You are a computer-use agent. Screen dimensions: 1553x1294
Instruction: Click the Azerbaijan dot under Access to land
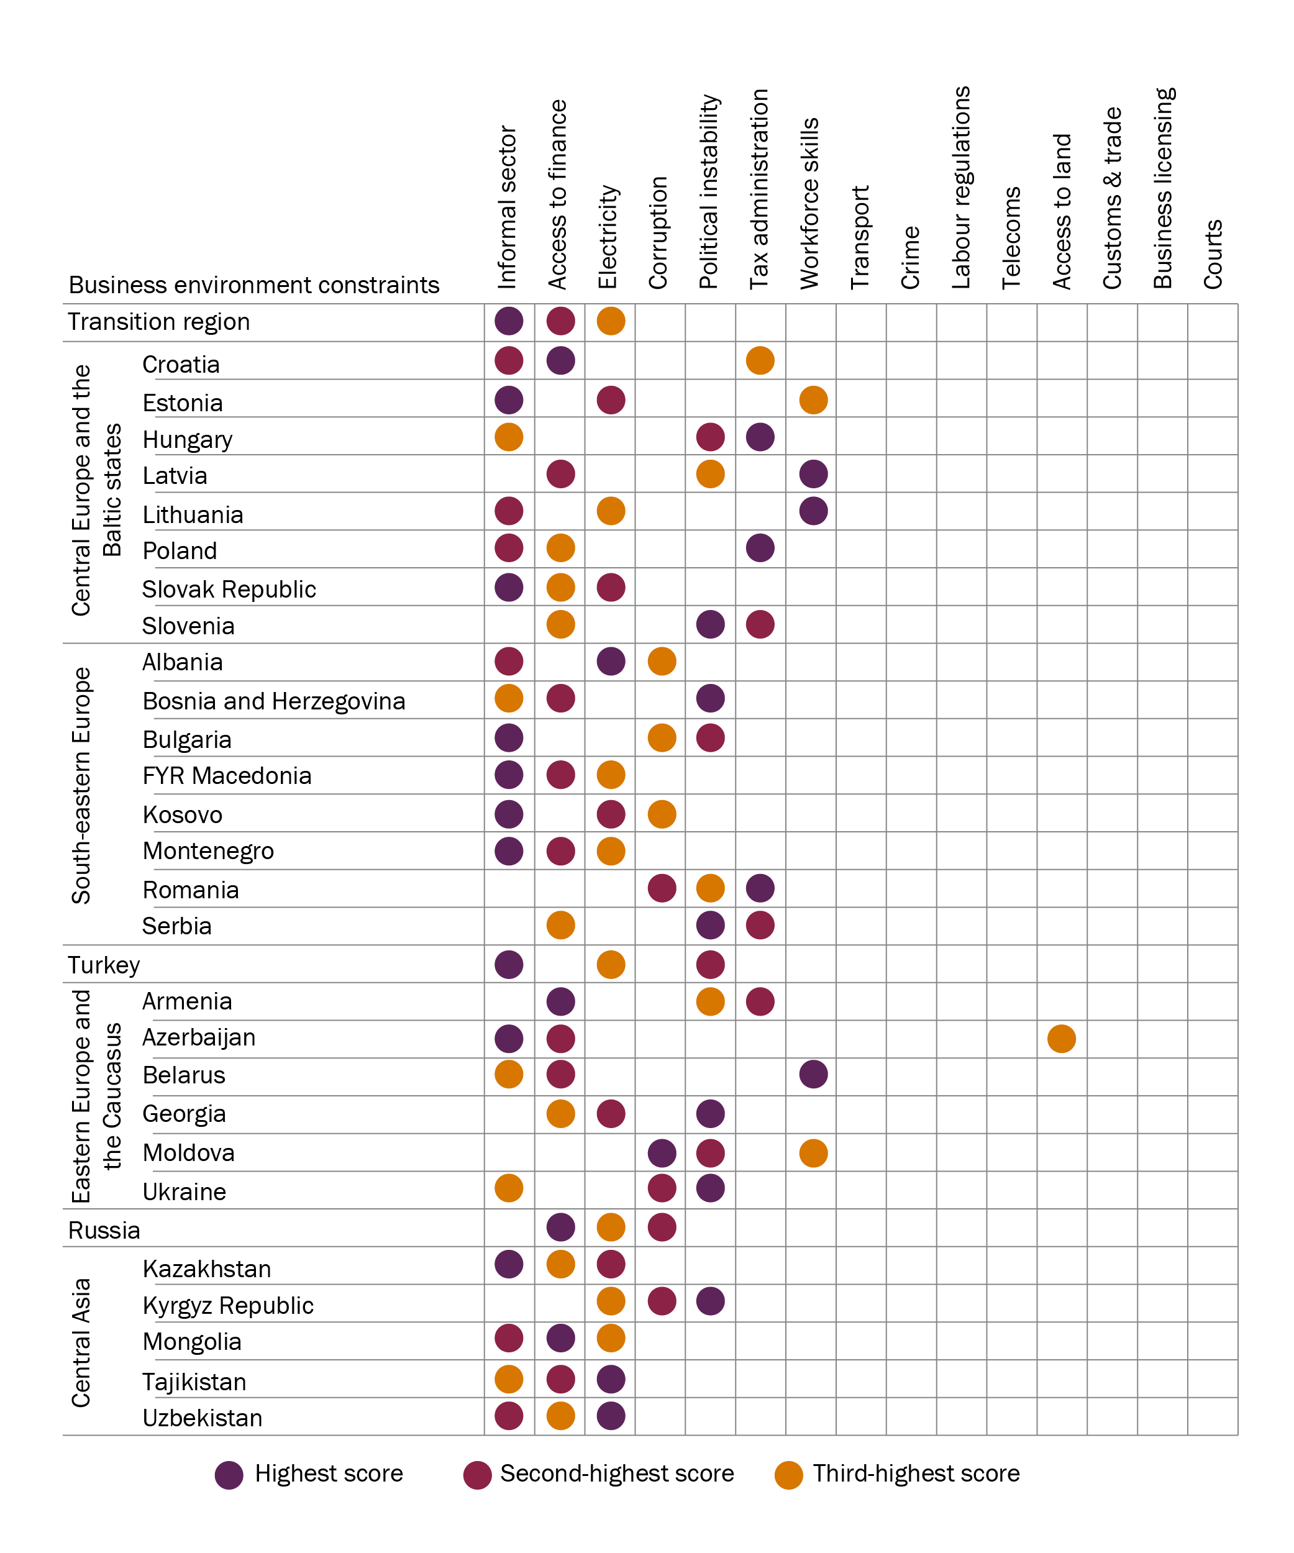1061,1038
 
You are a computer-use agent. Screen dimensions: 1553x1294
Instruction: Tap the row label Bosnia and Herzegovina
273,701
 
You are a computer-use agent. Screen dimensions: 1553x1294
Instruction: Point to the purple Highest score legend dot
229,1475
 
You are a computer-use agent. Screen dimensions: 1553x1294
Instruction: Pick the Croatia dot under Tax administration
760,361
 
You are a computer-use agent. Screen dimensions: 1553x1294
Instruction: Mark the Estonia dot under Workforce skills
813,400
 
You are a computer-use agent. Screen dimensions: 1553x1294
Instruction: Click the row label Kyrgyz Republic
228,1305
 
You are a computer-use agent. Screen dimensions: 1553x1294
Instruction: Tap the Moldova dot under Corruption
662,1153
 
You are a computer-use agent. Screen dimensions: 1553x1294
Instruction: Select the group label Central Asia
81,1342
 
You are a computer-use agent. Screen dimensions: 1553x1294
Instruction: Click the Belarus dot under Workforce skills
813,1075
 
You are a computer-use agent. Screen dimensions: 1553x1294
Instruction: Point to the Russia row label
104,1231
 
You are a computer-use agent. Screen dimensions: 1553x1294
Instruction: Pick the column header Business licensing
1163,189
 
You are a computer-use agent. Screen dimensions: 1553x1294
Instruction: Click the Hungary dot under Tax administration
760,437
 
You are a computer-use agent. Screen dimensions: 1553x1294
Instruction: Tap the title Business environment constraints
253,285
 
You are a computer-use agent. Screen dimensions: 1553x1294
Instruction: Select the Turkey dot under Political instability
711,964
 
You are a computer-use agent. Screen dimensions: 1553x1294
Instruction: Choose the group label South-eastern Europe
81,785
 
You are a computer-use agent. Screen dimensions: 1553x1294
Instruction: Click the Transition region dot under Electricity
611,321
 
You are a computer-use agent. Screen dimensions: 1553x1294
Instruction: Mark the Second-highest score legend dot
478,1475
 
